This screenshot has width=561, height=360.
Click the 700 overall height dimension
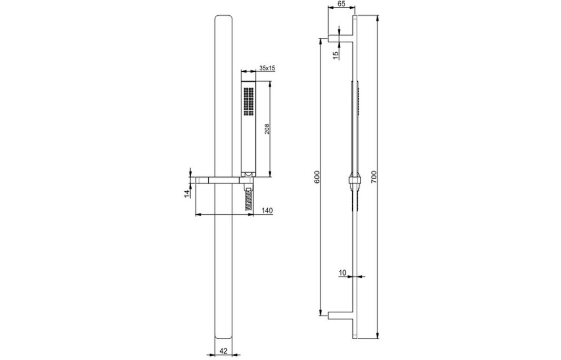tap(374, 177)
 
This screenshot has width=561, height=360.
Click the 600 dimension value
tap(317, 177)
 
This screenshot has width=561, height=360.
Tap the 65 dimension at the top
tap(341, 4)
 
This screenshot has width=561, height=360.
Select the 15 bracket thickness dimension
tap(335, 55)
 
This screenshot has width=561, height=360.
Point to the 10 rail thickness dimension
tap(342, 273)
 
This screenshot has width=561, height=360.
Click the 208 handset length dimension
tap(267, 129)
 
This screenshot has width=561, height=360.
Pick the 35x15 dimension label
tap(267, 67)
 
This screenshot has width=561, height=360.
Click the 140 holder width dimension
tap(267, 210)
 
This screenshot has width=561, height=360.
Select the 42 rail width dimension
tap(224, 351)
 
